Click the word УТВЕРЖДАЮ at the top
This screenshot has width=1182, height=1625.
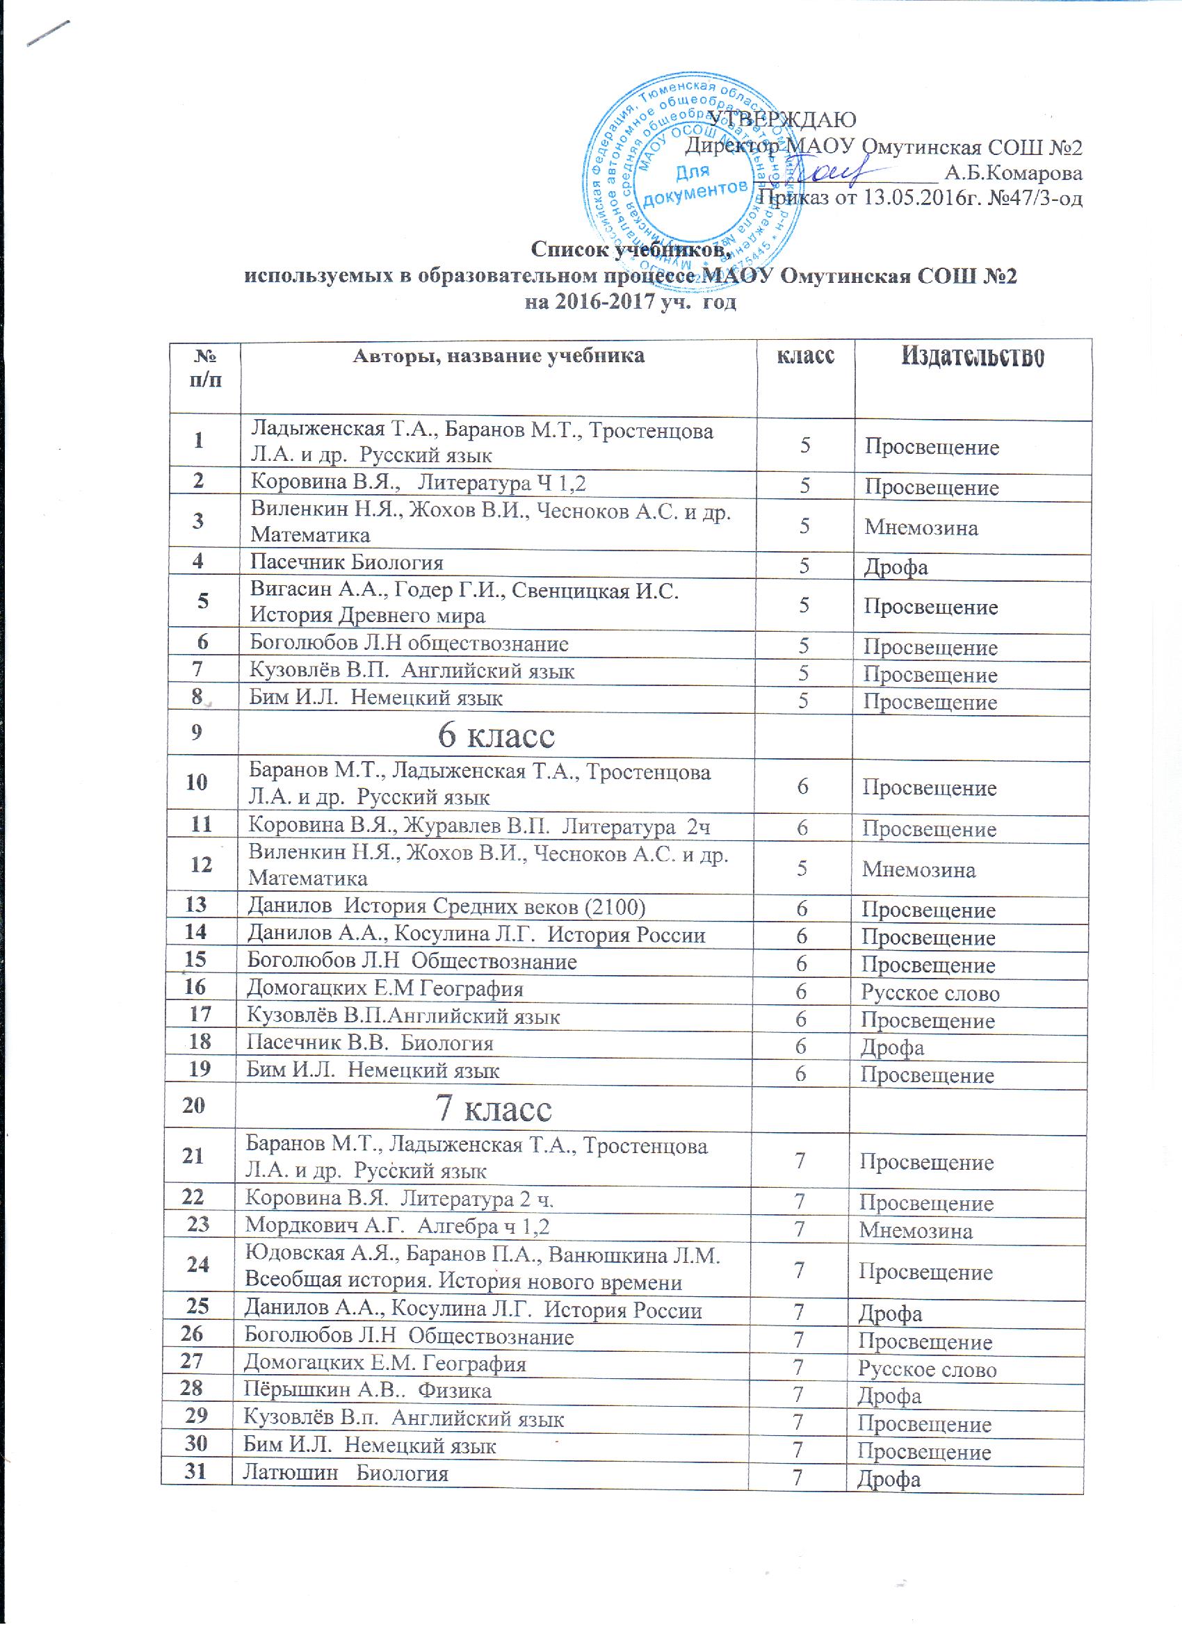(782, 119)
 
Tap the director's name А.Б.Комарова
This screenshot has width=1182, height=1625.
(1013, 172)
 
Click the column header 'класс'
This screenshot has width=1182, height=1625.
(806, 354)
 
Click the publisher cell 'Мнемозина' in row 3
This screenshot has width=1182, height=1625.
(921, 528)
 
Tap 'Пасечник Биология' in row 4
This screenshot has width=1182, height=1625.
(346, 562)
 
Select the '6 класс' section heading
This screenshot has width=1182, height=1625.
(496, 735)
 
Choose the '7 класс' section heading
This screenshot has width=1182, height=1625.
(494, 1109)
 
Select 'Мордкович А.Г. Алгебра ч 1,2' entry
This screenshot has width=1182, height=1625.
(397, 1226)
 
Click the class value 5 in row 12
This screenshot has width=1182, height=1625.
(803, 868)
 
